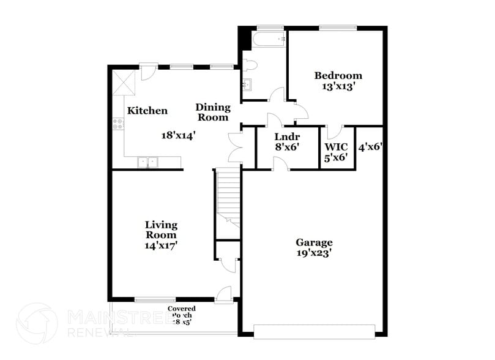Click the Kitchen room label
pyautogui.click(x=147, y=111)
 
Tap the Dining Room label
pyautogui.click(x=212, y=112)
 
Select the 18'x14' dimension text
pyautogui.click(x=178, y=135)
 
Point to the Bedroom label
pyautogui.click(x=338, y=76)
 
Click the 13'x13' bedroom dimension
pyautogui.click(x=338, y=86)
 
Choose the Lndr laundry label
pyautogui.click(x=286, y=137)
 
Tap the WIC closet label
pyautogui.click(x=336, y=147)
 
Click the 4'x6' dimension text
pyautogui.click(x=370, y=147)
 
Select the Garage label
pyautogui.click(x=314, y=242)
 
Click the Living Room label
pyautogui.click(x=161, y=230)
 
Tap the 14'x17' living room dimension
pyautogui.click(x=161, y=245)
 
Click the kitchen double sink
pyautogui.click(x=147, y=162)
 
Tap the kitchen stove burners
pyautogui.click(x=117, y=125)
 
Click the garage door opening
pyautogui.click(x=314, y=331)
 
